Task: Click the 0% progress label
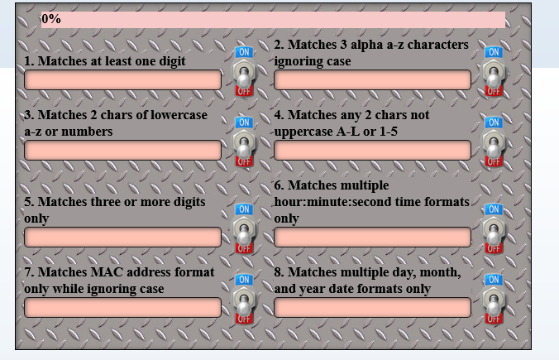tap(51, 19)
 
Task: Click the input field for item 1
tap(122, 79)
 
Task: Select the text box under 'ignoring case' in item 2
tap(372, 79)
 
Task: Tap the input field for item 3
tap(122, 150)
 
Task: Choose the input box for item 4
tap(372, 150)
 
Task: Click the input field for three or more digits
tap(122, 237)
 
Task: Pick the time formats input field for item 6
tap(372, 237)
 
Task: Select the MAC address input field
tap(122, 307)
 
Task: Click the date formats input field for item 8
tap(372, 307)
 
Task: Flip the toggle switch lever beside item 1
tap(244, 74)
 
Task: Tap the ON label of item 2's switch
tap(494, 52)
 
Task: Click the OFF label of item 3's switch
tap(244, 161)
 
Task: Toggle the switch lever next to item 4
tap(494, 144)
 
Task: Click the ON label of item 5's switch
tap(244, 209)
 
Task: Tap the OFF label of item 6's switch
tap(494, 248)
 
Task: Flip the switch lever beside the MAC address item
tap(244, 301)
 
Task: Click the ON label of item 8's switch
tap(494, 280)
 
